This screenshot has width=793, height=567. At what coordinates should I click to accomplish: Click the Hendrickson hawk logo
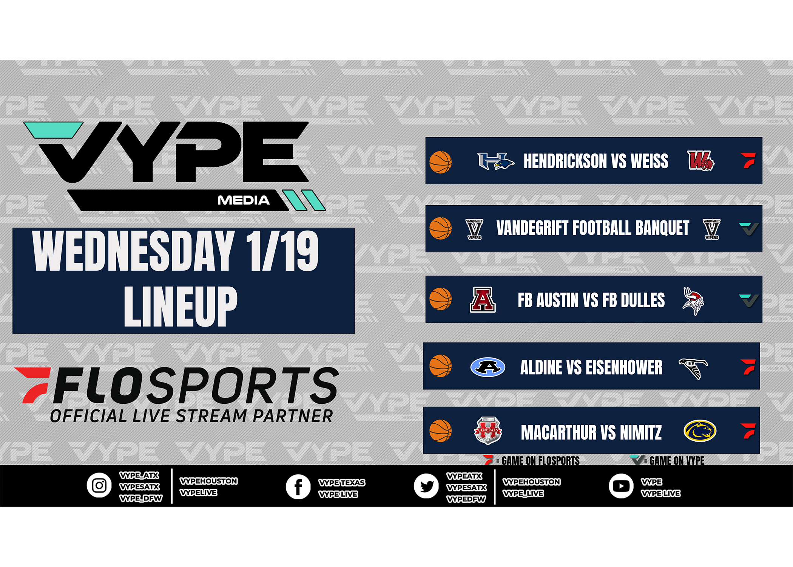tap(495, 161)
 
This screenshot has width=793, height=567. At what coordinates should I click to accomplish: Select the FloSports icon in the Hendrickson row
tap(748, 160)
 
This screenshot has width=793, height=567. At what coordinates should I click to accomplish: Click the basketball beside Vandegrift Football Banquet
tap(440, 228)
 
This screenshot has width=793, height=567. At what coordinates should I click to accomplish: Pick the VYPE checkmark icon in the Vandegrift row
tap(748, 228)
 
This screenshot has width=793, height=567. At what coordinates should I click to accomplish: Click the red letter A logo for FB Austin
tap(483, 299)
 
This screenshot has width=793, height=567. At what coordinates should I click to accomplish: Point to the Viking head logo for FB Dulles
tap(693, 301)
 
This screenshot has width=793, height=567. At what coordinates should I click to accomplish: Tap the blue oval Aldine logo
tap(488, 367)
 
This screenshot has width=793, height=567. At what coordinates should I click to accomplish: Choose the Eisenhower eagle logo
tap(693, 368)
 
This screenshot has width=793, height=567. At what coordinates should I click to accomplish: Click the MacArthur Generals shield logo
tap(488, 430)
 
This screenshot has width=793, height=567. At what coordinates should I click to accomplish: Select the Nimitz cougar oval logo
tap(700, 431)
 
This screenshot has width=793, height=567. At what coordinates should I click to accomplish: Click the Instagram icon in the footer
tap(99, 485)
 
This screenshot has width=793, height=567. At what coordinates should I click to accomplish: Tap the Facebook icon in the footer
tap(298, 486)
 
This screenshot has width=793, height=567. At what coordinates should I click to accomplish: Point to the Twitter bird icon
tap(426, 486)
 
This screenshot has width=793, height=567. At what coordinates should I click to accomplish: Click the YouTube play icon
tap(621, 486)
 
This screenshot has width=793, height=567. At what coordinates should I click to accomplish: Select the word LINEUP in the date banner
tap(181, 306)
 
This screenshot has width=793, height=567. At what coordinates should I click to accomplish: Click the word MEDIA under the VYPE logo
tap(244, 200)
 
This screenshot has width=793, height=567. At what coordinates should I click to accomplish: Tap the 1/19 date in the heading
tap(282, 251)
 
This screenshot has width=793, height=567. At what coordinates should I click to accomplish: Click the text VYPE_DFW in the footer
tap(140, 499)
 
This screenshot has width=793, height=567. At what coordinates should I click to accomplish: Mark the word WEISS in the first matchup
tap(650, 161)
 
